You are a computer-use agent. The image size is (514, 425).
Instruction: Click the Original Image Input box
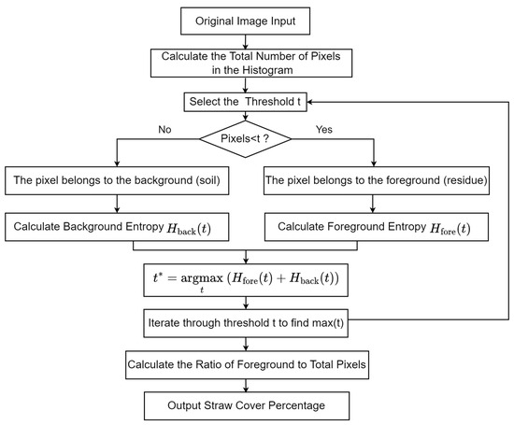[x=245, y=21]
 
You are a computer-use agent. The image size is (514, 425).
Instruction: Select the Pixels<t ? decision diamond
[x=245, y=139]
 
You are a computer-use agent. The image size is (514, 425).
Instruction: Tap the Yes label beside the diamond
[x=324, y=130]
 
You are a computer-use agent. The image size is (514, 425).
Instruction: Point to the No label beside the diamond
[x=164, y=130]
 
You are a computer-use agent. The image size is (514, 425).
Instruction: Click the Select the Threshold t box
[x=245, y=102]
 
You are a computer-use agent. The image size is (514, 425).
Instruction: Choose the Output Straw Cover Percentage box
[x=247, y=405]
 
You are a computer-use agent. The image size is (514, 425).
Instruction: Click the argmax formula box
[x=246, y=280]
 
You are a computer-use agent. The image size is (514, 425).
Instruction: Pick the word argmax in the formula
[x=202, y=278]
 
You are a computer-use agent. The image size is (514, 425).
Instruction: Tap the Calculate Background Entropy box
[x=117, y=227]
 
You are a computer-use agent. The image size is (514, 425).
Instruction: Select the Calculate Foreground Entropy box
[x=377, y=227]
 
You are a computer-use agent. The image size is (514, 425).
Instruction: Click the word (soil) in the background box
[x=207, y=180]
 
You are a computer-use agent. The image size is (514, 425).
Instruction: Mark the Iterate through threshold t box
[x=246, y=323]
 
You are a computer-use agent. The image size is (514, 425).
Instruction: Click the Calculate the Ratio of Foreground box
[x=247, y=365]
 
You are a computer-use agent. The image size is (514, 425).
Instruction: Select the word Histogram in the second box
[x=267, y=70]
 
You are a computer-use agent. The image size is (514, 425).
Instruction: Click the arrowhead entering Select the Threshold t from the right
[x=309, y=102]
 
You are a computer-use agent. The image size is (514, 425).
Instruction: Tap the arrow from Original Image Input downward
[x=245, y=42]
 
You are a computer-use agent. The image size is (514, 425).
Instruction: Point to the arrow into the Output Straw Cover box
[x=246, y=386]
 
